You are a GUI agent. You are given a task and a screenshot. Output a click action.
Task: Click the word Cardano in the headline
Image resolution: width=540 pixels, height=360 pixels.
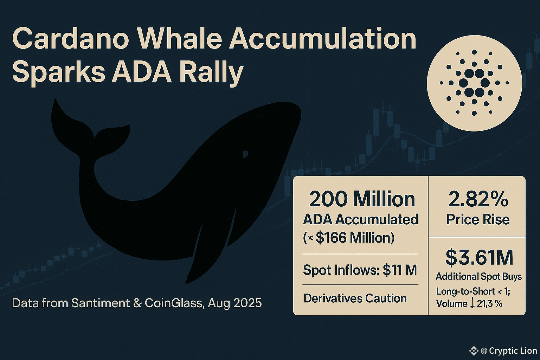coord(70,39)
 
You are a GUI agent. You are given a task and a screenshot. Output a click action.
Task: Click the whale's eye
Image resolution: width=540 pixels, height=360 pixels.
coord(245,154)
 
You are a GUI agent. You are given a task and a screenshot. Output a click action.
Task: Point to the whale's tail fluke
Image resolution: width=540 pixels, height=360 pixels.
coord(89,130)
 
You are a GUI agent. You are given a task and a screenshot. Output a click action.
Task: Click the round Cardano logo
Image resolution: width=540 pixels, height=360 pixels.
coord(474,83)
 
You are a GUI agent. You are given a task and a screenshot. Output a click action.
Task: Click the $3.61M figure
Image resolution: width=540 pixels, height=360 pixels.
coord(479,258)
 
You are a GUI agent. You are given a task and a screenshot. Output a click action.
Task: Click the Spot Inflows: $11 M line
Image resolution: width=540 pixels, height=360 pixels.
coord(360,270)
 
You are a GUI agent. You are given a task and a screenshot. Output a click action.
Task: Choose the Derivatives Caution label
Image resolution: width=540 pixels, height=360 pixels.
coord(355,298)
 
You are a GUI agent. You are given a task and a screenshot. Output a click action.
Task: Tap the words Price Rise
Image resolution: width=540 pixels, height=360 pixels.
coord(478,219)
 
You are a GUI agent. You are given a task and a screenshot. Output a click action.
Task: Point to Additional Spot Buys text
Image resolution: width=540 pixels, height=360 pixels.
coord(479,276)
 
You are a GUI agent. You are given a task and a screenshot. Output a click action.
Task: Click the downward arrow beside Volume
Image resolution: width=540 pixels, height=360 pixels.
coord(472,304)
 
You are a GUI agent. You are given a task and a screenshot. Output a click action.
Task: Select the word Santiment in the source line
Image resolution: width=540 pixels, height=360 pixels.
coord(101,303)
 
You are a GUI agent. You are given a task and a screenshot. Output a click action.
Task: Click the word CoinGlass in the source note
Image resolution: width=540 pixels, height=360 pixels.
coord(174,303)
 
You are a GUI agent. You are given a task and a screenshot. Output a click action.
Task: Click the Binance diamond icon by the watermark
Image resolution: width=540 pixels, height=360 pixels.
coord(474,351)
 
